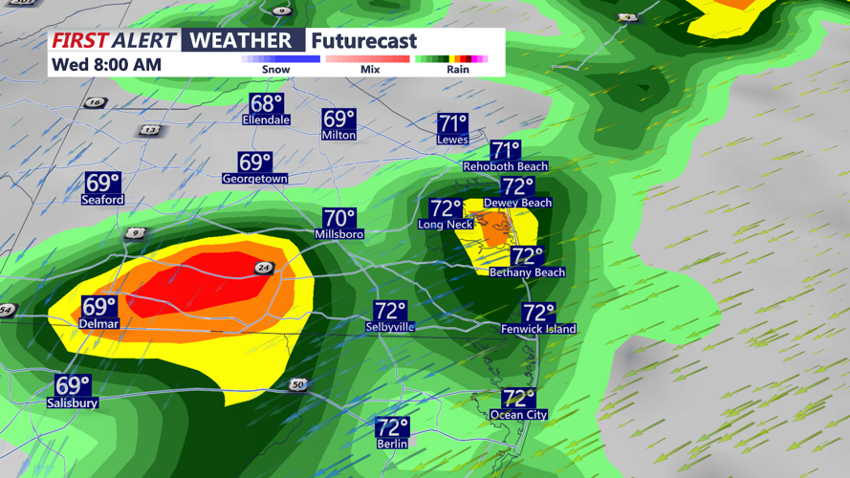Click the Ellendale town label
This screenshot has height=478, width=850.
point(267,120)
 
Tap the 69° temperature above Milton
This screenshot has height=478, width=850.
point(338,119)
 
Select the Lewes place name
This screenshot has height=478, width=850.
point(452,140)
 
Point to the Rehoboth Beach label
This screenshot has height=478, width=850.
point(506,166)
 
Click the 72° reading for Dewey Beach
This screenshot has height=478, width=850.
point(518,186)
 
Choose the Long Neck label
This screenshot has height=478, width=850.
point(446,225)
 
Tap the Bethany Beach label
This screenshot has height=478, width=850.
point(527,272)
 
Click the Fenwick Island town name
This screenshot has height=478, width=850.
point(538,329)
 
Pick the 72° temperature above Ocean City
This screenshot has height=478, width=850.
point(518,398)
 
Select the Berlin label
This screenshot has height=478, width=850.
point(392,444)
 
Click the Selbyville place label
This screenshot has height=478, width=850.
point(390,327)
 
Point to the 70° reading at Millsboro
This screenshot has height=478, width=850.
point(339,219)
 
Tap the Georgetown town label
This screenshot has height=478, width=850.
point(254,179)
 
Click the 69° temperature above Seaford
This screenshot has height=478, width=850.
point(102,183)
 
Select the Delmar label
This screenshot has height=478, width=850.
point(98,324)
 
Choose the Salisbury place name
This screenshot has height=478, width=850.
point(73,403)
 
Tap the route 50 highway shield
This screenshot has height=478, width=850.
point(298,384)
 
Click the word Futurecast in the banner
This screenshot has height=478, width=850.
point(364,41)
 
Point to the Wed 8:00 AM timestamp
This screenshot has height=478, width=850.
point(106,65)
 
